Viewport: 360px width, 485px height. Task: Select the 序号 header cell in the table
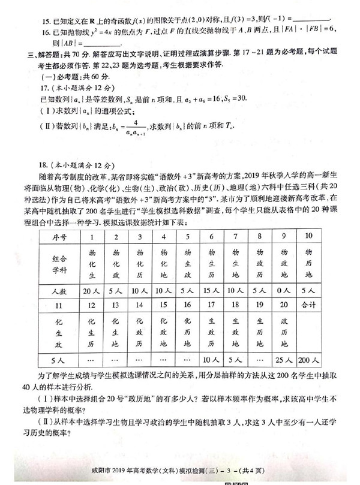coord(61,236)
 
